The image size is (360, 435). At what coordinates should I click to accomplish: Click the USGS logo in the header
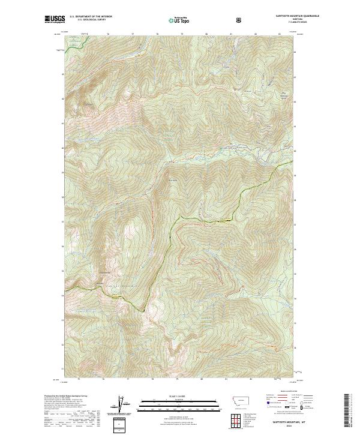(x=54, y=20)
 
